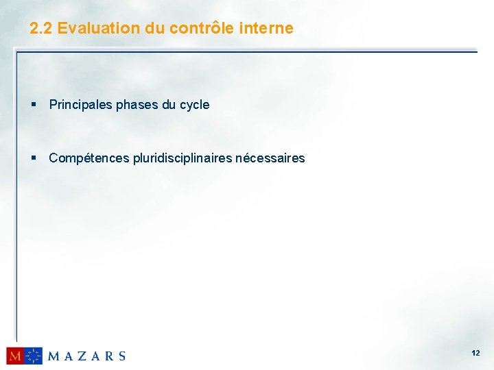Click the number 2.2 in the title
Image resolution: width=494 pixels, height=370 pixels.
click(x=41, y=28)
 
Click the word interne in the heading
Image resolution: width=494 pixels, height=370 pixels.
click(x=267, y=28)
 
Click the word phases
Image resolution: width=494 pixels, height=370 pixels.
click(x=137, y=105)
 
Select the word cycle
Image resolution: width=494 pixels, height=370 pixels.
click(x=194, y=105)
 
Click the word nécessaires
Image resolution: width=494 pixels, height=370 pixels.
click(x=270, y=158)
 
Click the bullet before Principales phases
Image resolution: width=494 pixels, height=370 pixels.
click(x=33, y=106)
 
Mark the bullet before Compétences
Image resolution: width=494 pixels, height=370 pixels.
click(x=33, y=159)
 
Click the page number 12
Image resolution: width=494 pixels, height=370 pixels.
click(x=475, y=353)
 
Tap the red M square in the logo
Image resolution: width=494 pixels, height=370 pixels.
click(x=15, y=356)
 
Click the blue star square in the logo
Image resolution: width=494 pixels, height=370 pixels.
click(x=34, y=356)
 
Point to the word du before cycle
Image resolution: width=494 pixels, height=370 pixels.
click(x=169, y=105)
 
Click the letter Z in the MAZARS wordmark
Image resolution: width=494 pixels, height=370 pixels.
click(x=83, y=356)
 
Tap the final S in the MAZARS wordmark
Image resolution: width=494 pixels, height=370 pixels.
click(x=122, y=356)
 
